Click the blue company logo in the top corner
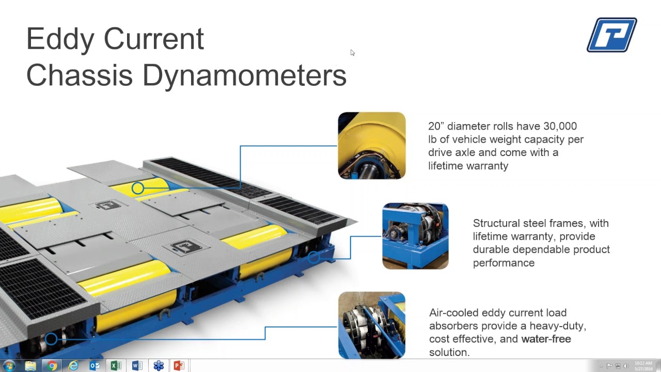pos(612,35)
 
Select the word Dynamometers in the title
pos(244,75)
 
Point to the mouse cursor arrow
pos(352,52)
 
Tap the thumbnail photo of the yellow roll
pos(372,146)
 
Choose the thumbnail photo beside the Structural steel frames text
pos(415,236)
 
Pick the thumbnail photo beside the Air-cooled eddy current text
pos(372,325)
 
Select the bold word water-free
pos(546,339)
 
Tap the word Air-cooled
pos(453,313)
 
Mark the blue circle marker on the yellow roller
pos(137,189)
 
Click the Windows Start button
pos(9,366)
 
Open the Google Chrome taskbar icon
pos(52,366)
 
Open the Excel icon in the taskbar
pos(116,366)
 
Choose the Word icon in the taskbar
pos(137,366)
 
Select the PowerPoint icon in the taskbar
pos(179,366)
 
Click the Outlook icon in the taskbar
pos(95,366)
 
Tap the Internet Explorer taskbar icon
pos(73,366)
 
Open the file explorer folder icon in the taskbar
pos(30,366)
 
